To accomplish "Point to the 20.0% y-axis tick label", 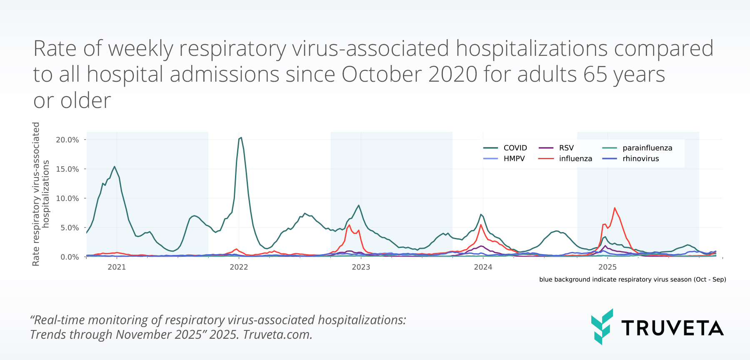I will coord(67,140).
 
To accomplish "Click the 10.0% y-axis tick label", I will coord(67,199).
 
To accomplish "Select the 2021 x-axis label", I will coord(117,267).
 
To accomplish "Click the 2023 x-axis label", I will coord(361,267).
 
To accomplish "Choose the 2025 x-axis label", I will coord(607,267).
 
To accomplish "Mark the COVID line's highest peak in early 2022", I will coord(241,138).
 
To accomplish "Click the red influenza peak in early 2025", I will coord(615,208).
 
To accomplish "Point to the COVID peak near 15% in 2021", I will coord(115,167).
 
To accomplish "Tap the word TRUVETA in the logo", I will coord(672,328).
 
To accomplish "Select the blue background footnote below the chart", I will coord(632,280).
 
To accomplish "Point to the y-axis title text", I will coord(40,194).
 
